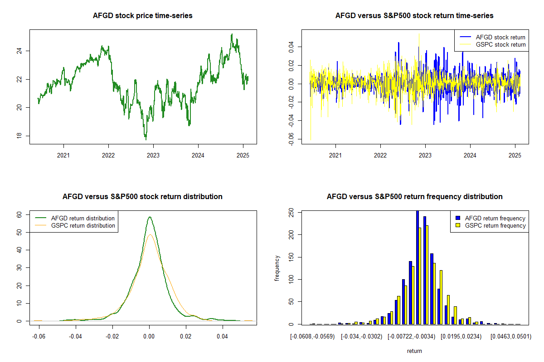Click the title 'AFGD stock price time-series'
tap(143, 16)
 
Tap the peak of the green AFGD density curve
tap(149, 217)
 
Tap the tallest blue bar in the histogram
tap(418, 267)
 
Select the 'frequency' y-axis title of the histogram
tap(277, 268)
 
